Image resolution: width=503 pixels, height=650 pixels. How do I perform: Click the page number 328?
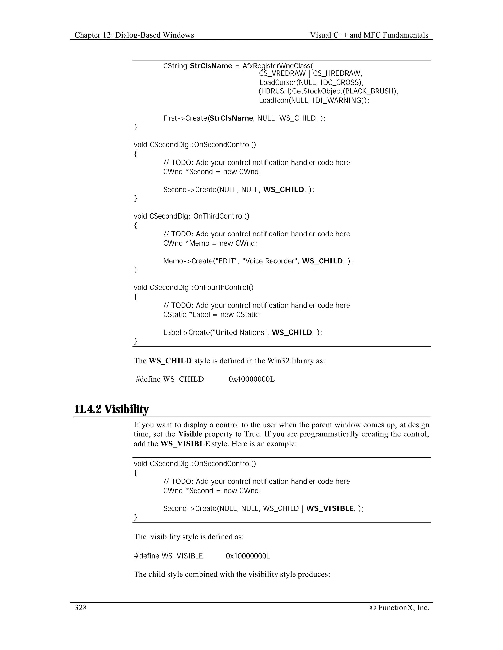[81, 607]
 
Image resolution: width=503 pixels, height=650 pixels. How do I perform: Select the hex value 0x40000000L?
[251, 379]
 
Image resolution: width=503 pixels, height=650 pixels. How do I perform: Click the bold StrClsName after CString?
[211, 66]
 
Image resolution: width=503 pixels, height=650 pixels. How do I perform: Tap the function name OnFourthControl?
[224, 287]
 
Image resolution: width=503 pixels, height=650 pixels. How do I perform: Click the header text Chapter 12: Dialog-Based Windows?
[134, 35]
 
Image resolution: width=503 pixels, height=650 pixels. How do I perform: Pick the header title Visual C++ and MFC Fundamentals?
[369, 35]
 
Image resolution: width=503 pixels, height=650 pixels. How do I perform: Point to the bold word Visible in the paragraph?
[190, 434]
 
